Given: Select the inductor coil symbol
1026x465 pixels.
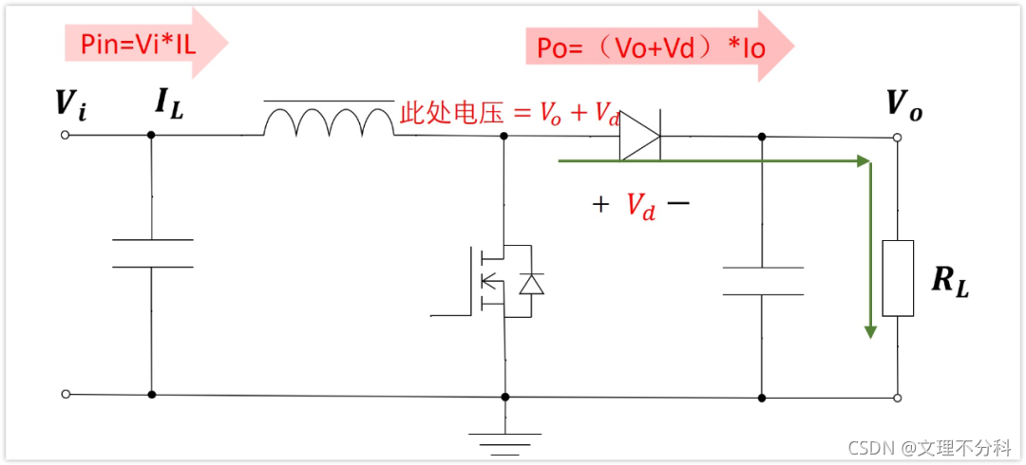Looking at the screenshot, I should click(329, 121).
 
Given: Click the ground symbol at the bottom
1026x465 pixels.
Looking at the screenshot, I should click(504, 438).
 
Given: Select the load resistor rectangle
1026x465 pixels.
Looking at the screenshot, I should click(898, 278).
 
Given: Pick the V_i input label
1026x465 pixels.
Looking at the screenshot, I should click(69, 105).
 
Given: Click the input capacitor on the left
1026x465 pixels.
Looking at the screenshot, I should click(152, 253).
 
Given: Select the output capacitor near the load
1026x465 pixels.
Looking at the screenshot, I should click(762, 281).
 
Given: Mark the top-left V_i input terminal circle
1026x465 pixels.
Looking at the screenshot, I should click(65, 135).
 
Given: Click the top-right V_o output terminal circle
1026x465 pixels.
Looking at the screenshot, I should click(898, 138).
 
